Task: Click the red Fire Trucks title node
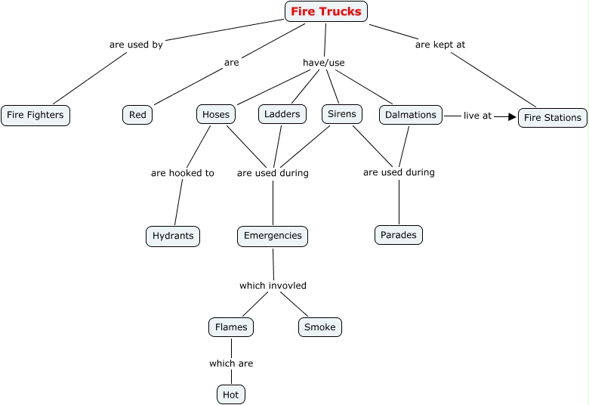[x=326, y=11]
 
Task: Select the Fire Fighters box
[x=35, y=116]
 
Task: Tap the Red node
[x=137, y=115]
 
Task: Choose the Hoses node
[x=216, y=114]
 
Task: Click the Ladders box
[x=282, y=114]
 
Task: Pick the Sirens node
[x=342, y=114]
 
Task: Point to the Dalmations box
[x=411, y=115]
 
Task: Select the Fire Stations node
[x=553, y=118]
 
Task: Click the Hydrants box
[x=173, y=236]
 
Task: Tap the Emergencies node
[x=273, y=236]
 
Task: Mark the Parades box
[x=399, y=235]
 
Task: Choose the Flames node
[x=231, y=327]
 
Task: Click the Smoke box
[x=320, y=327]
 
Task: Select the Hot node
[x=231, y=394]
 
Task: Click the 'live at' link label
[x=477, y=116]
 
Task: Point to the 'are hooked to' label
[x=182, y=173]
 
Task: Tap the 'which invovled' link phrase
[x=273, y=286]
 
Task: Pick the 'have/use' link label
[x=323, y=63]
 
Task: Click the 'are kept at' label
[x=440, y=45]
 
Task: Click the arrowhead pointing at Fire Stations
[x=511, y=117]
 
